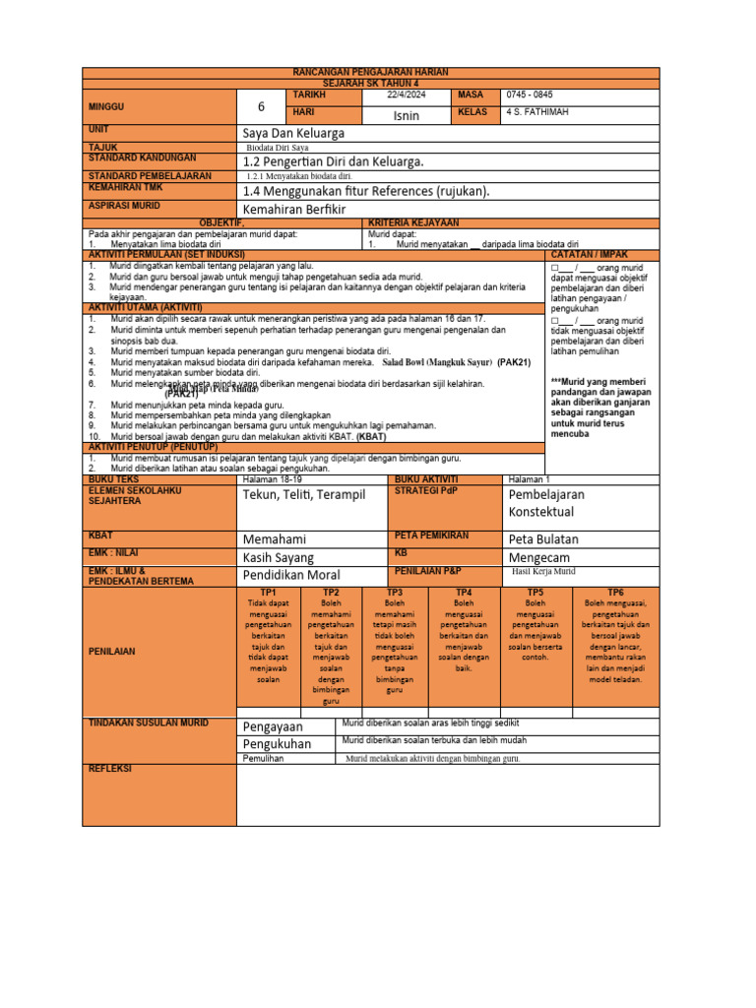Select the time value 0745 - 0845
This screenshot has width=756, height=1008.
pyautogui.click(x=531, y=94)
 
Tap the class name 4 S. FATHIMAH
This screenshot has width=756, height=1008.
pyautogui.click(x=537, y=112)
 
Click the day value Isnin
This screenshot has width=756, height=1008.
pyautogui.click(x=407, y=115)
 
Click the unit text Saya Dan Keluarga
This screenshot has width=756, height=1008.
pyautogui.click(x=293, y=133)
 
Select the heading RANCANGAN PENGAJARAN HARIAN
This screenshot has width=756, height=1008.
pyautogui.click(x=371, y=74)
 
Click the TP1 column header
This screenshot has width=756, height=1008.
pyautogui.click(x=267, y=593)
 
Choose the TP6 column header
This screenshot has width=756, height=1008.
pyautogui.click(x=615, y=593)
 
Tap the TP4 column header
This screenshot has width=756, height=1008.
pyautogui.click(x=465, y=593)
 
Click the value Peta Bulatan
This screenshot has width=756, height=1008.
pyautogui.click(x=543, y=540)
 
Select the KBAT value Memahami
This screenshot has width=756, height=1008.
pyautogui.click(x=275, y=540)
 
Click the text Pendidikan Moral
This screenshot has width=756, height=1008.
pyautogui.click(x=291, y=575)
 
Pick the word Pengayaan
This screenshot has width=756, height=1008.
pyautogui.click(x=277, y=726)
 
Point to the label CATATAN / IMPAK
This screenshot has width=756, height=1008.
pyautogui.click(x=600, y=253)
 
